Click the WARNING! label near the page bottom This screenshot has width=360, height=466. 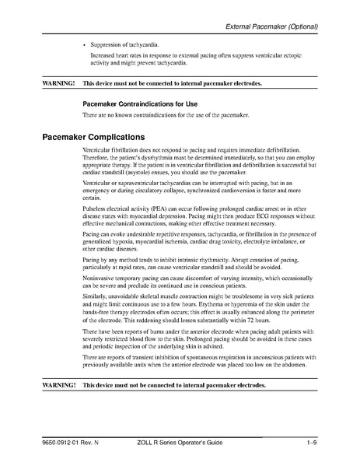click(58, 386)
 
